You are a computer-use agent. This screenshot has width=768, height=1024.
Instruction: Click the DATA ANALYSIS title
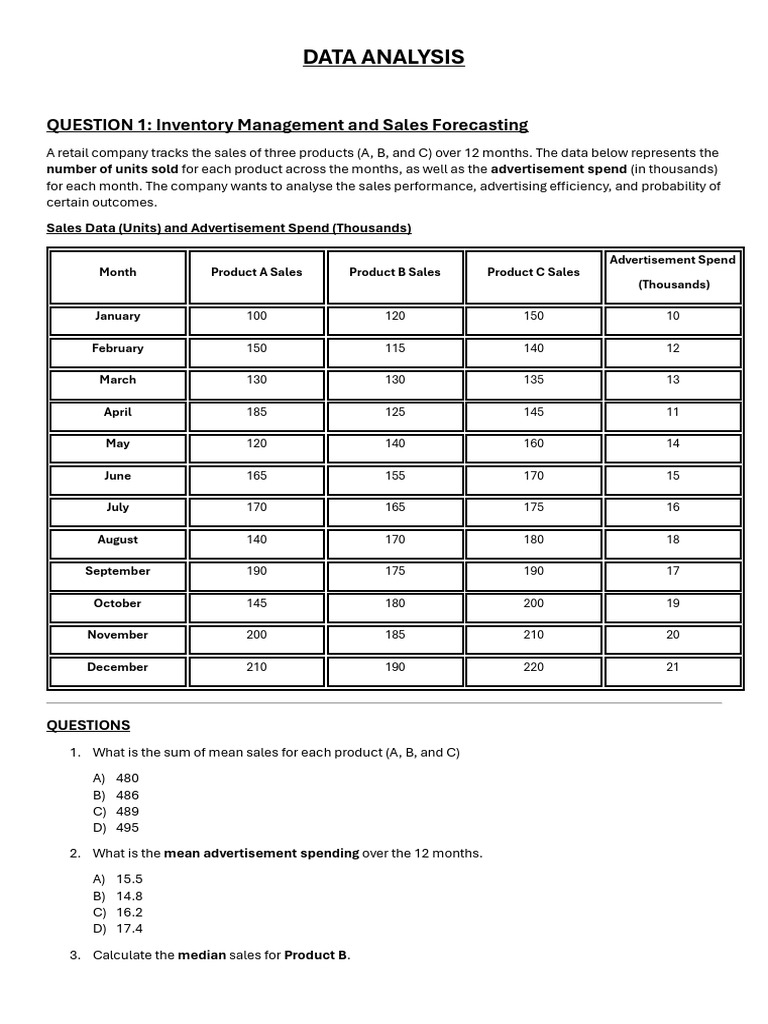tap(384, 57)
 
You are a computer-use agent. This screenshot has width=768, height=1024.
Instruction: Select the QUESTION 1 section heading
tap(287, 125)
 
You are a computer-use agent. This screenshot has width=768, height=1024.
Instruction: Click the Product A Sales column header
tap(256, 272)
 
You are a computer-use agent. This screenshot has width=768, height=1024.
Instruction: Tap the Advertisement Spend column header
tap(672, 272)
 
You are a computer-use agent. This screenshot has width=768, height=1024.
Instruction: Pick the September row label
tap(117, 571)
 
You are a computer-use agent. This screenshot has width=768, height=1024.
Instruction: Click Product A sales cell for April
tap(256, 412)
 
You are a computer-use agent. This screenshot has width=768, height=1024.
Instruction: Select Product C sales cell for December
tap(534, 667)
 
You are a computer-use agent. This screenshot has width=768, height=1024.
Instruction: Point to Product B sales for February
tap(395, 348)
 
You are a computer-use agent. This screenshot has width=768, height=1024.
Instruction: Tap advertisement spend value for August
tap(672, 540)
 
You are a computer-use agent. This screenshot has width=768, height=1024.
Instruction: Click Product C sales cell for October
tap(534, 603)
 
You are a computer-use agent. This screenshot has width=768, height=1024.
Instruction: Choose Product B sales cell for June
tap(395, 476)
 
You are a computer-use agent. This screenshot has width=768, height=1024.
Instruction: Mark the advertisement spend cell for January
tap(672, 316)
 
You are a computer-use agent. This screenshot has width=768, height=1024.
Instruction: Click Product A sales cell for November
tap(256, 635)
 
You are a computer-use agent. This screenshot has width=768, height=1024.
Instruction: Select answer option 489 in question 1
tap(127, 811)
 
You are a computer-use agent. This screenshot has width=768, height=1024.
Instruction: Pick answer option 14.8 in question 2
tap(129, 896)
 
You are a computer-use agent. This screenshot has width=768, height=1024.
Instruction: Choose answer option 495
tap(127, 828)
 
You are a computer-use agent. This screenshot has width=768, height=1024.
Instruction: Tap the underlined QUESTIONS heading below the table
tap(88, 725)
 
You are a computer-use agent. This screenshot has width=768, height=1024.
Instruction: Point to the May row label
tap(117, 444)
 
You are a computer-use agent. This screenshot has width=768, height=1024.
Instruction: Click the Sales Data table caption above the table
tap(229, 228)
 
